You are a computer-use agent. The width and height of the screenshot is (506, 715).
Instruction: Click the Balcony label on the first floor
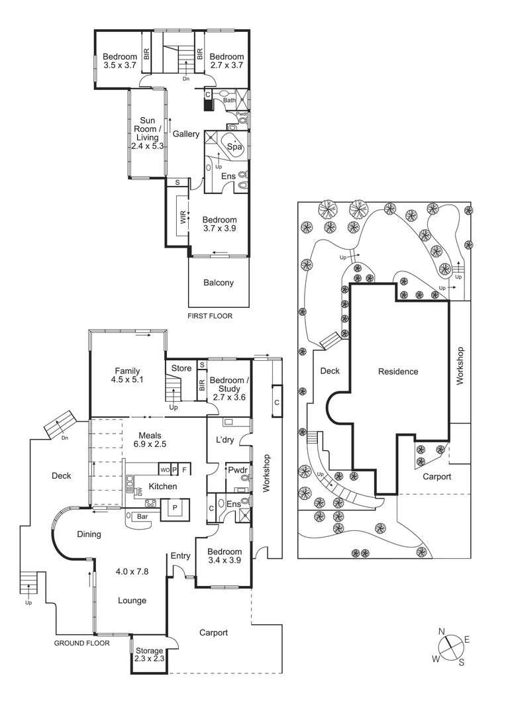click(x=219, y=283)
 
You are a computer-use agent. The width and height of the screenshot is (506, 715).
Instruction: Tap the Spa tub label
click(x=234, y=146)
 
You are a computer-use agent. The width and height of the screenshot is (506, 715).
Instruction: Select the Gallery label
click(x=186, y=134)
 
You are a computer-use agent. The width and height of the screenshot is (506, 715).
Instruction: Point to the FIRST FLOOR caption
click(x=210, y=316)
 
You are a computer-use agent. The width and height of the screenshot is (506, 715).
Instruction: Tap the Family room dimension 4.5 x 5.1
click(x=127, y=380)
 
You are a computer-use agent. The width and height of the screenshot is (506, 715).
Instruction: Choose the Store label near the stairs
click(x=181, y=368)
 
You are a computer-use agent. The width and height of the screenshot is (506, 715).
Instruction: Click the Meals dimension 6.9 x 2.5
click(x=151, y=446)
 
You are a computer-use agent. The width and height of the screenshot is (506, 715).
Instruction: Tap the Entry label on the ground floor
click(x=181, y=555)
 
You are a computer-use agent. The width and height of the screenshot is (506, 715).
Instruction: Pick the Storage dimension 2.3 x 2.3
click(x=148, y=659)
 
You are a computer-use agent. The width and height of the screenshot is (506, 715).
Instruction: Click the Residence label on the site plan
click(x=398, y=371)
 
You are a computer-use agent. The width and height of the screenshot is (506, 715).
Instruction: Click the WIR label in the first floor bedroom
click(x=182, y=218)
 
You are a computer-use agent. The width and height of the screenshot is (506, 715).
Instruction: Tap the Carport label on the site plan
click(x=436, y=476)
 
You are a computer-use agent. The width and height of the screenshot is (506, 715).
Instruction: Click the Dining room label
click(x=88, y=534)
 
